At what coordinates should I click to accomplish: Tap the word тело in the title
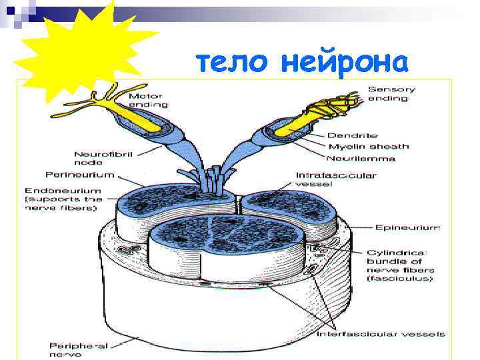point(233,63)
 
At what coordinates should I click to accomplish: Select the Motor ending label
point(148,101)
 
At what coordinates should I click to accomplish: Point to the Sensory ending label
point(392,93)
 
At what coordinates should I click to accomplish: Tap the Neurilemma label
point(361,158)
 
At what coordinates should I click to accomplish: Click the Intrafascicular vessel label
point(336,180)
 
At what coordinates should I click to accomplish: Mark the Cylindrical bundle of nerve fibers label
point(399,265)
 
